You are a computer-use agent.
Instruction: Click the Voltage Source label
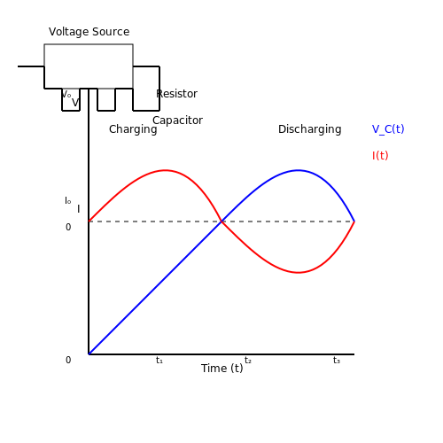pyautogui.click(x=89, y=32)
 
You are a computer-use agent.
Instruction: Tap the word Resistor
pyautogui.click(x=176, y=94)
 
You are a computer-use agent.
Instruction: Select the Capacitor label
pyautogui.click(x=177, y=120)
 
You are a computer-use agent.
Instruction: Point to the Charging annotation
pyautogui.click(x=133, y=129)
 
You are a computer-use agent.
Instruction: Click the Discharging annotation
pyautogui.click(x=310, y=129)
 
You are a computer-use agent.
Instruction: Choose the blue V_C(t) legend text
pyautogui.click(x=388, y=129)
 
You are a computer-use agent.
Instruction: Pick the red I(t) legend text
pyautogui.click(x=380, y=156)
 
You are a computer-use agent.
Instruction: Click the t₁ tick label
pyautogui.click(x=159, y=360)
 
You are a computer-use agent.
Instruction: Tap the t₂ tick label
pyautogui.click(x=248, y=360)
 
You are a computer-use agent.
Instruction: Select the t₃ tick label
pyautogui.click(x=337, y=360)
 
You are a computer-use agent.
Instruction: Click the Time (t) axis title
pyautogui.click(x=222, y=369)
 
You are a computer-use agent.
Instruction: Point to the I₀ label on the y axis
pyautogui.click(x=68, y=200)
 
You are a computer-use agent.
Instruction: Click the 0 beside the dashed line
pyautogui.click(x=68, y=227)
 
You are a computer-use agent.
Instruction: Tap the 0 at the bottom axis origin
pyautogui.click(x=68, y=360)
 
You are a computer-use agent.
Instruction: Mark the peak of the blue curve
pyautogui.click(x=299, y=170)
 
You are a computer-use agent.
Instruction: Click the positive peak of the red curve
pyautogui.click(x=165, y=170)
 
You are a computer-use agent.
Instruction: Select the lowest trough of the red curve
pyautogui.click(x=299, y=272)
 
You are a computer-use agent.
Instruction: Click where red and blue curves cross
pyautogui.click(x=221, y=221)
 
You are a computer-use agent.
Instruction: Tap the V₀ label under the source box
pyautogui.click(x=66, y=94)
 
